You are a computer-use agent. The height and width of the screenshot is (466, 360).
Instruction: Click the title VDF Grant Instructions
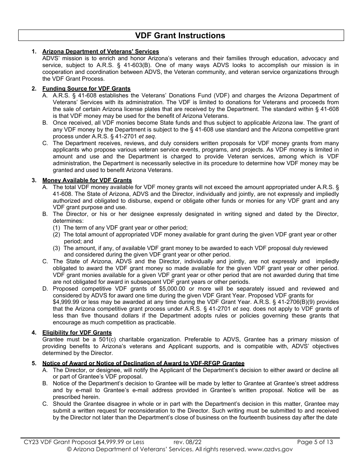click(x=180, y=36)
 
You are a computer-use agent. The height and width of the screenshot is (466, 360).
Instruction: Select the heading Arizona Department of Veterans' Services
click(x=100, y=52)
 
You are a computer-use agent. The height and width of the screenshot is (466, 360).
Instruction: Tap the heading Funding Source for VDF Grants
click(x=86, y=89)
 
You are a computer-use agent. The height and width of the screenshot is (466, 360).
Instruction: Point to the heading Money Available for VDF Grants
click(x=87, y=180)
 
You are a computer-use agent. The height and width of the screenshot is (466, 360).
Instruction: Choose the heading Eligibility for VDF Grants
click(x=77, y=333)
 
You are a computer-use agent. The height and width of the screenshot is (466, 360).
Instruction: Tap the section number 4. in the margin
click(x=34, y=333)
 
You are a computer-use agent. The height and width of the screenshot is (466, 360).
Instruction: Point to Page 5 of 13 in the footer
click(x=315, y=442)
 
